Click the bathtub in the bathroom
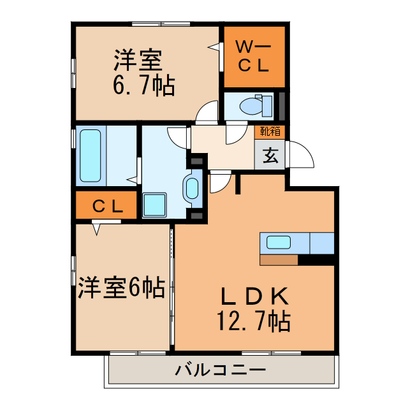point(90,155)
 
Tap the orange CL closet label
point(107,206)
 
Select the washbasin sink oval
point(192,189)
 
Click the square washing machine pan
point(154,205)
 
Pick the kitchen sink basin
point(279,242)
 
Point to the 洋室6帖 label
point(122,288)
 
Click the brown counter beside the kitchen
point(279,259)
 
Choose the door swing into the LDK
point(220,182)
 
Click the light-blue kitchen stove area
point(322,243)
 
